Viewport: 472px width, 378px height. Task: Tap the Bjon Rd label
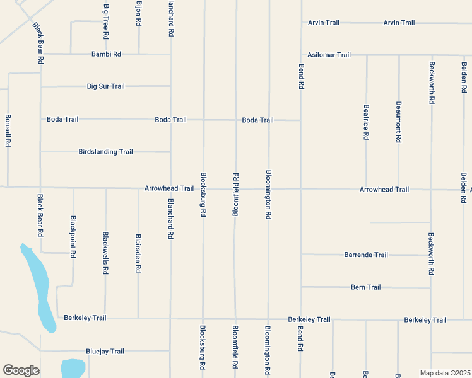tap(138, 13)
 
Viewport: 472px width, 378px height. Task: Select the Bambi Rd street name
tap(106, 54)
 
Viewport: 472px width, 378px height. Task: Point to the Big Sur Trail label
tap(106, 86)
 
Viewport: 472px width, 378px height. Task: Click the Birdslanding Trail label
tap(106, 152)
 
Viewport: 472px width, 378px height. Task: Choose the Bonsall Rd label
tap(8, 130)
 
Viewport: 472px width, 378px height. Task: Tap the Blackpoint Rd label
tap(73, 238)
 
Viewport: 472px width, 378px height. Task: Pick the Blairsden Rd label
tap(138, 254)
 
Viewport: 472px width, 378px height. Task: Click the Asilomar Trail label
tap(329, 55)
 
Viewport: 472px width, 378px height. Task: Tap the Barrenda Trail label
tap(366, 255)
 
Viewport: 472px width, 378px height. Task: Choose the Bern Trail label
tap(366, 287)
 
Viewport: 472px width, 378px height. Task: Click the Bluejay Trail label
tap(105, 351)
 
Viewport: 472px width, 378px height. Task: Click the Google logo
tap(21, 370)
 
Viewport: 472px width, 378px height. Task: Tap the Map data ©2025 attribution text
tap(445, 373)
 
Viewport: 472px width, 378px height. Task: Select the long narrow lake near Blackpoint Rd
tap(39, 287)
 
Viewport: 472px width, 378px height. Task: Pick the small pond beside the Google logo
tap(73, 367)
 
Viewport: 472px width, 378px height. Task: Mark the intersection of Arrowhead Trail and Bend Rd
tap(301, 188)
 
